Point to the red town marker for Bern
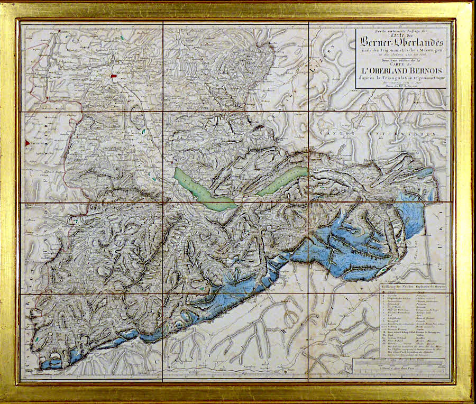point(113,76)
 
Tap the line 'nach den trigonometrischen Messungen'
point(404,50)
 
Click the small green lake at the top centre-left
point(123,37)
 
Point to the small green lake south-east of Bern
point(143,131)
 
